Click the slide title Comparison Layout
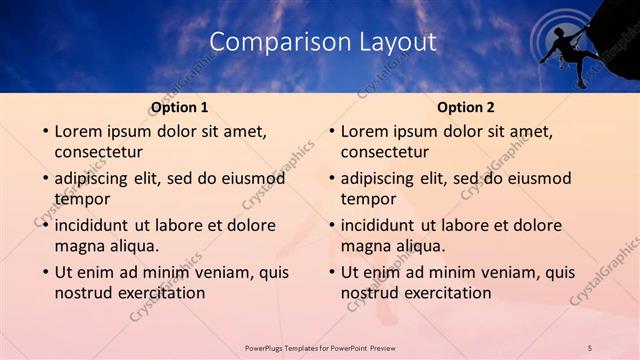pyautogui.click(x=323, y=42)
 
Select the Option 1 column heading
pyautogui.click(x=180, y=107)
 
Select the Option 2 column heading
pyautogui.click(x=466, y=107)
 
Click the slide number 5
pyautogui.click(x=590, y=347)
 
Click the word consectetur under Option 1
pyautogui.click(x=98, y=152)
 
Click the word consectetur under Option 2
pyautogui.click(x=384, y=152)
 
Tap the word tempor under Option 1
pyautogui.click(x=82, y=199)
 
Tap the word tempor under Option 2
pyautogui.click(x=368, y=199)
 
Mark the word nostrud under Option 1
pyautogui.click(x=83, y=293)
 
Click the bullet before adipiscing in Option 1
pyautogui.click(x=43, y=179)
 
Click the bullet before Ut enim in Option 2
pyautogui.click(x=329, y=272)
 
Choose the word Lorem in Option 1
pyautogui.click(x=78, y=131)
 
